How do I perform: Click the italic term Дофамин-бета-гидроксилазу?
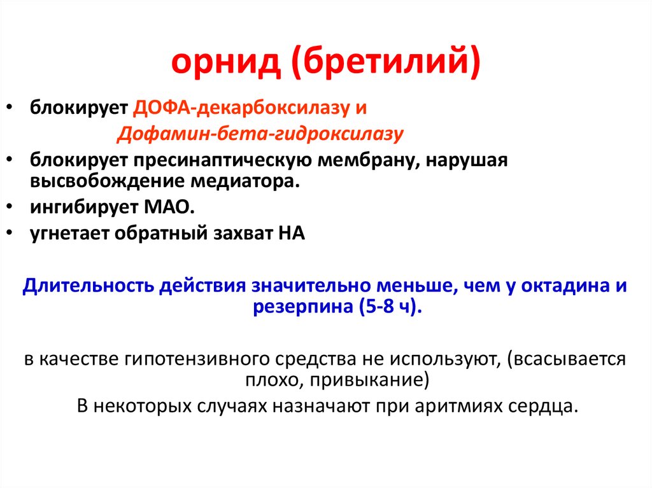coord(260,134)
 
